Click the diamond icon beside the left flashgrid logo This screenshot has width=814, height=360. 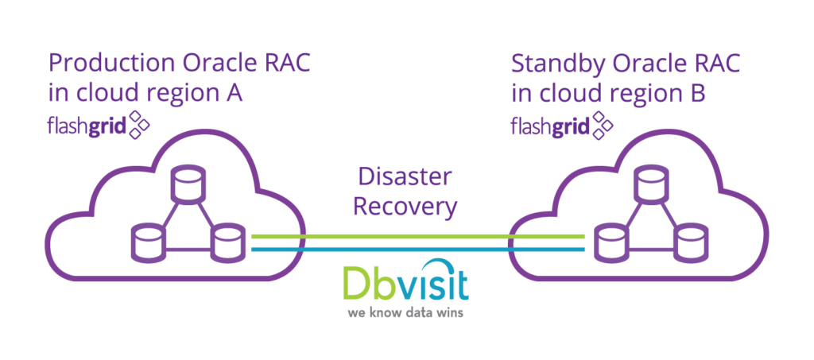click(x=140, y=124)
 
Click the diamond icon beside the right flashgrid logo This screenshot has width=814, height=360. click(x=603, y=124)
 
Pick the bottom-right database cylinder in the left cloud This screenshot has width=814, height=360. click(x=226, y=243)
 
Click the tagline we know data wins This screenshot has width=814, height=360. click(x=405, y=313)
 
